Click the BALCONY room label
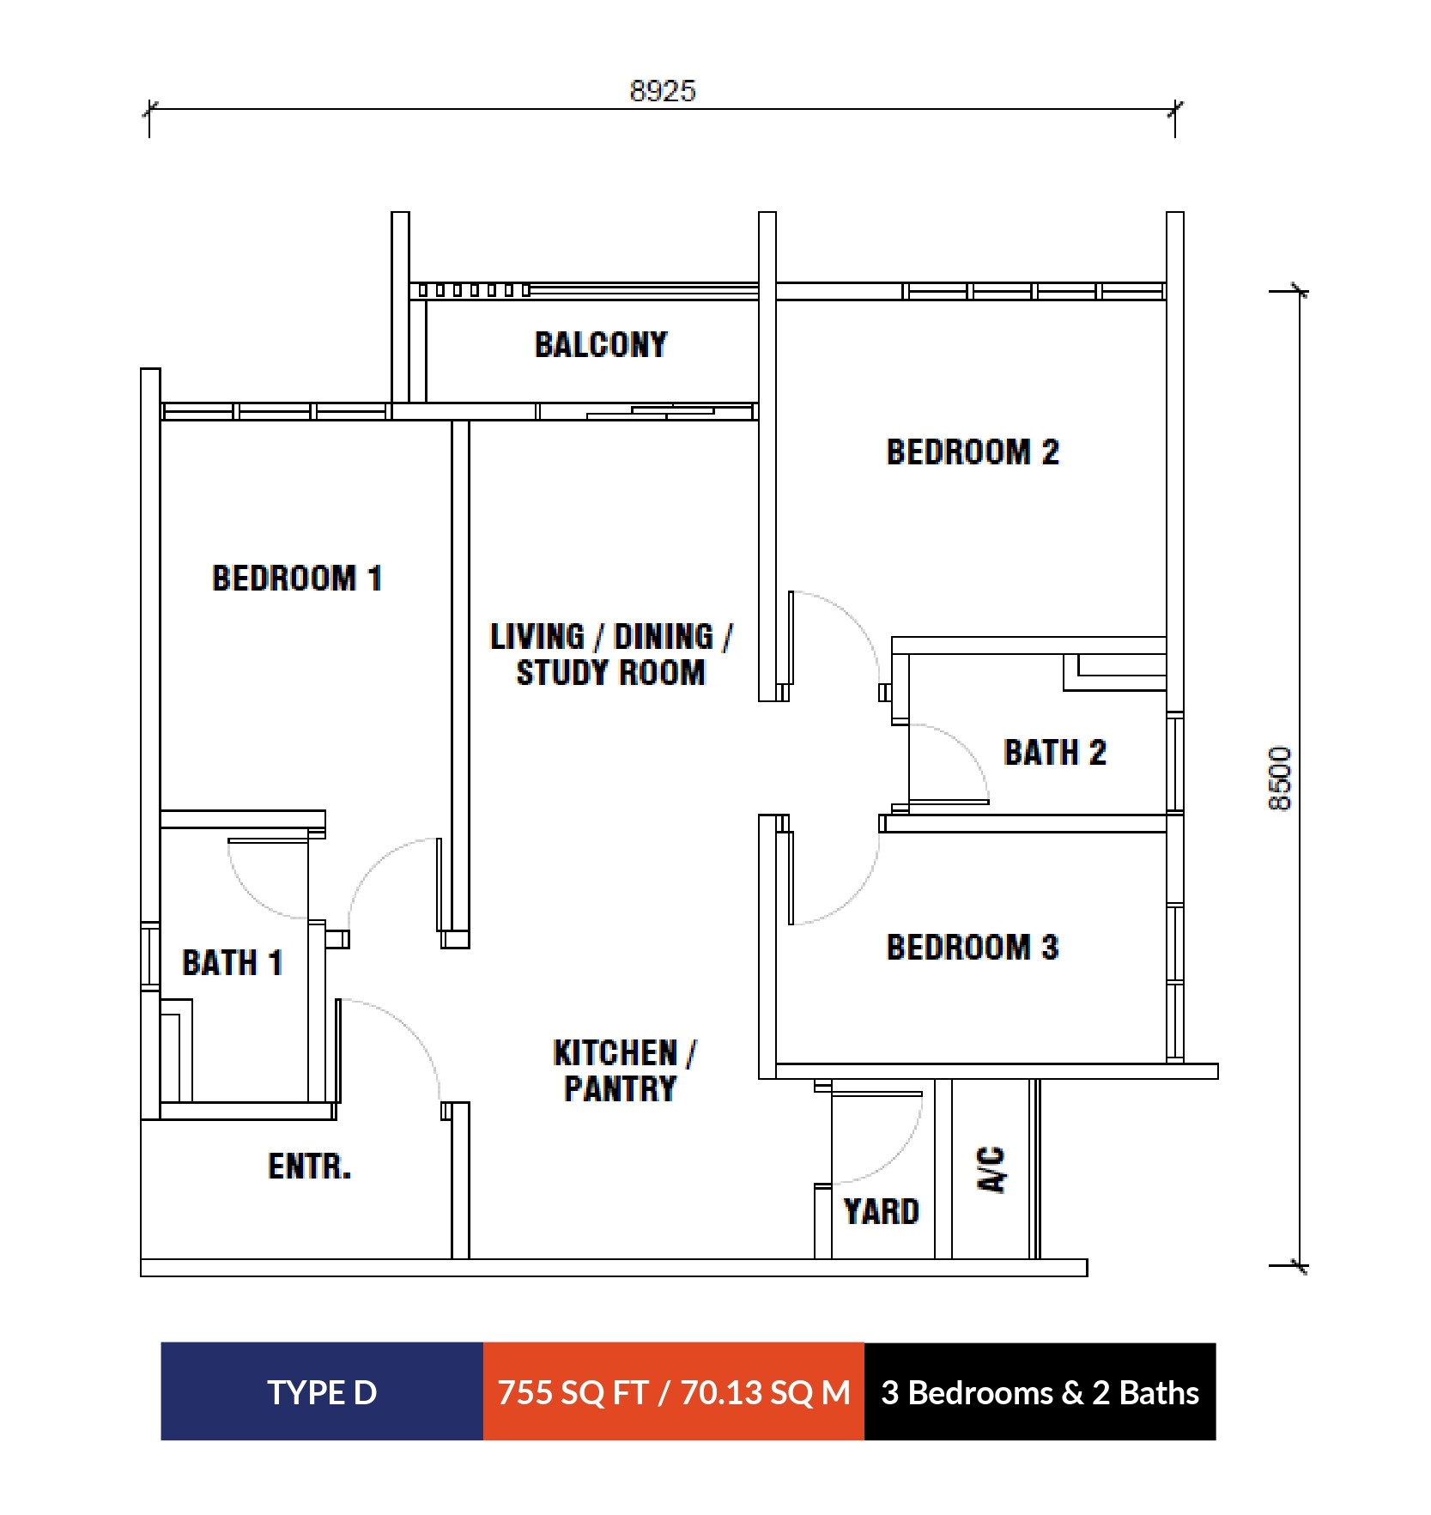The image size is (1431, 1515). point(601,345)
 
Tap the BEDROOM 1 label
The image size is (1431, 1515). point(297,578)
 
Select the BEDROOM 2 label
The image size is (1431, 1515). point(973,452)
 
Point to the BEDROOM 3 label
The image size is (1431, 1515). point(973,948)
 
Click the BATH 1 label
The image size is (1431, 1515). point(233,962)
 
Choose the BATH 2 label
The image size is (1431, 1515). point(1055,753)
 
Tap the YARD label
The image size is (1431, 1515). point(882,1212)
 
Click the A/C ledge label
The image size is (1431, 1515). point(991,1169)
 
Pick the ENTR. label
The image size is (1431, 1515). point(310,1167)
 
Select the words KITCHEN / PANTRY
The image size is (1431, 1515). point(623,1070)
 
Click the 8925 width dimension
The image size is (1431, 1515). point(663,91)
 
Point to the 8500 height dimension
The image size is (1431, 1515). point(1279,778)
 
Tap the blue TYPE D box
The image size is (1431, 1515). point(322,1392)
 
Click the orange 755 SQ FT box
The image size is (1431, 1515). point(674,1392)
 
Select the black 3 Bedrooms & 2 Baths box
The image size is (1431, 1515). point(1040,1392)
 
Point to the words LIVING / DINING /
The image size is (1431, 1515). point(611,637)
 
